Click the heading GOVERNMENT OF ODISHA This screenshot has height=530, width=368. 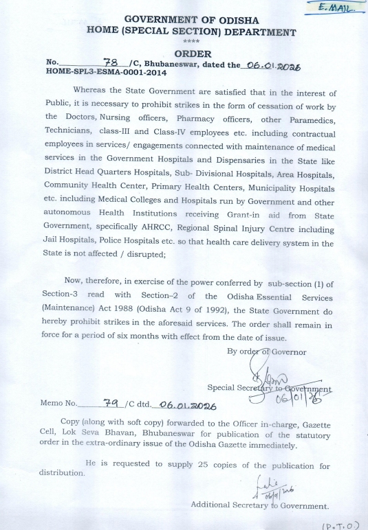click(x=192, y=20)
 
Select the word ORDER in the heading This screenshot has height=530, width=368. click(x=193, y=53)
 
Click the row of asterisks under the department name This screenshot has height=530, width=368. click(x=192, y=42)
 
